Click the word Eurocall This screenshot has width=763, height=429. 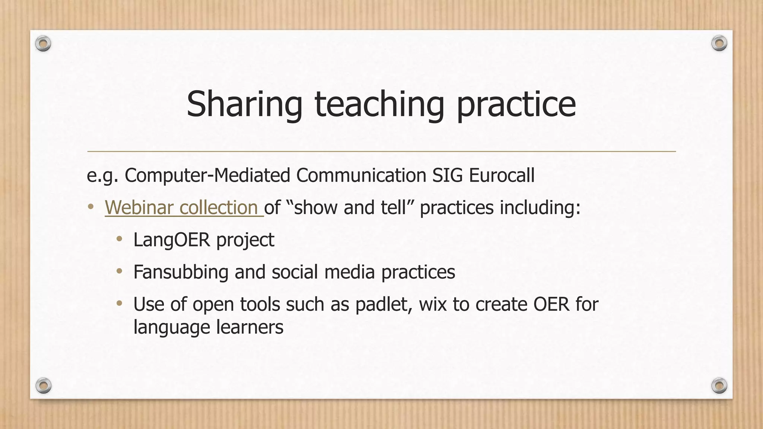pyautogui.click(x=501, y=175)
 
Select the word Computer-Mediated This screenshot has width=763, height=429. pyautogui.click(x=207, y=175)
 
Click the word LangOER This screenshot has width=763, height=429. pyautogui.click(x=172, y=240)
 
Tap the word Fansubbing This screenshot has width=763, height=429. pyautogui.click(x=181, y=272)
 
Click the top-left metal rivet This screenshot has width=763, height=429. pyautogui.click(x=43, y=44)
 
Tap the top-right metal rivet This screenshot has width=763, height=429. pyautogui.click(x=719, y=44)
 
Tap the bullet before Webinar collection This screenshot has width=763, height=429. pyautogui.click(x=91, y=207)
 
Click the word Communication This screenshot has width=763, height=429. pyautogui.click(x=361, y=175)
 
